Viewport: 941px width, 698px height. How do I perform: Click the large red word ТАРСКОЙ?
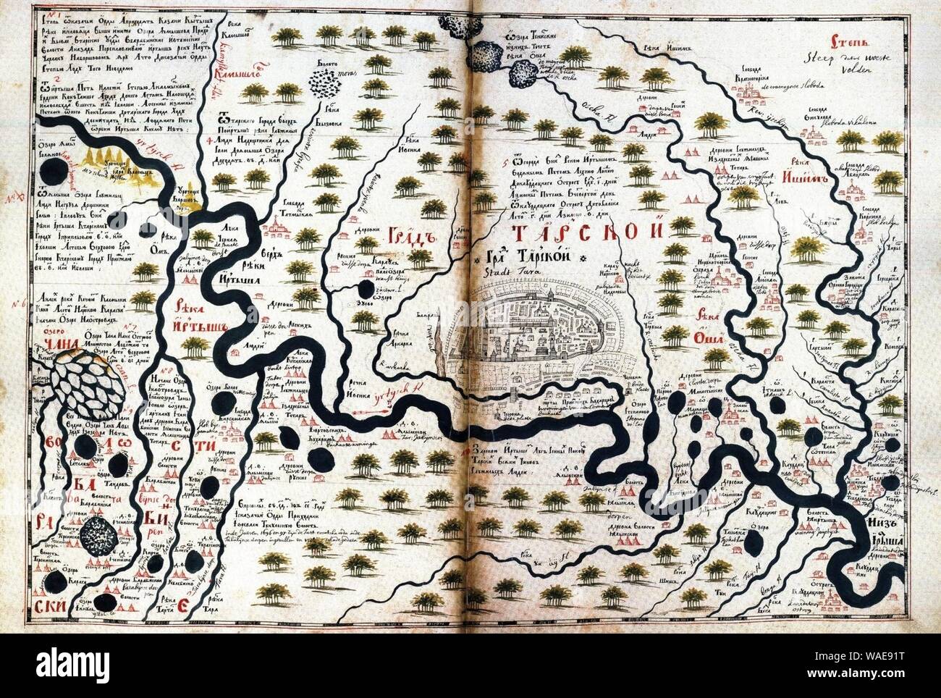(x=586, y=233)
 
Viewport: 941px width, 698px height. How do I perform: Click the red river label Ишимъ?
(x=803, y=197)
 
